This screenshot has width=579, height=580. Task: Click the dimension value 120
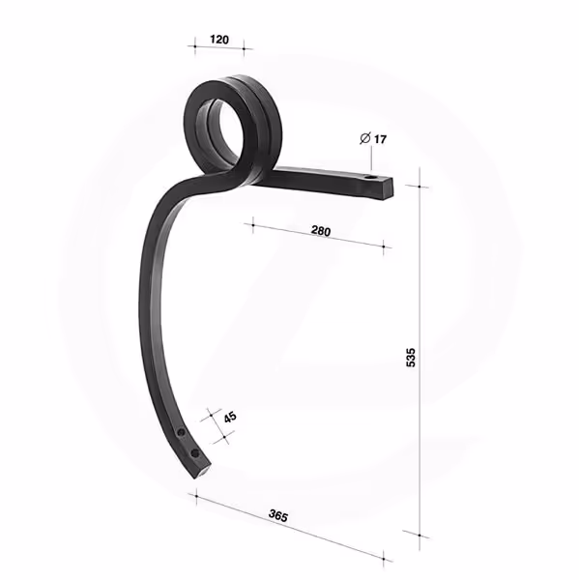coord(219,40)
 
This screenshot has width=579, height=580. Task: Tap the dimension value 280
coord(321,231)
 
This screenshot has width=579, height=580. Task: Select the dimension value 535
coord(411,358)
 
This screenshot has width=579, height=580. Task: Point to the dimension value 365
coord(278,515)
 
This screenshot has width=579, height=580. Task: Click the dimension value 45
coord(230,418)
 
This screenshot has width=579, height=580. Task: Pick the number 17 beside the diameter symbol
coord(380,139)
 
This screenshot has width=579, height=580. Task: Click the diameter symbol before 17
coord(364,138)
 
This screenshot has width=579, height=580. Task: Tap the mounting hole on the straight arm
coord(369,178)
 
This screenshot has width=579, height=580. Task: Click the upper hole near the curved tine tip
coord(181,432)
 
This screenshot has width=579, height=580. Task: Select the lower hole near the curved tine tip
coord(194,453)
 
